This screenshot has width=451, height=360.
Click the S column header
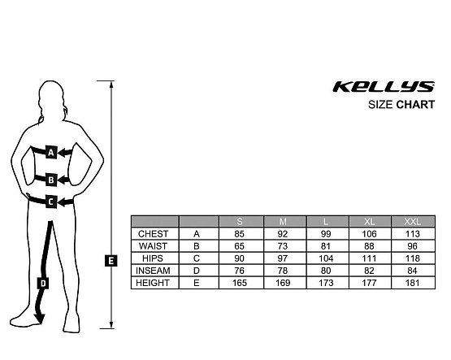[x=240, y=222]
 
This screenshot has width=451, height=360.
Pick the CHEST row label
[x=154, y=234]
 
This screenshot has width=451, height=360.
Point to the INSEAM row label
[x=154, y=271]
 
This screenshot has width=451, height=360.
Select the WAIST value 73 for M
[x=284, y=246]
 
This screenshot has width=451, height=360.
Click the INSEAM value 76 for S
[x=240, y=271]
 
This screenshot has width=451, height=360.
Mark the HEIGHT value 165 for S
[x=240, y=283]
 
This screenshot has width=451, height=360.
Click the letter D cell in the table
[x=197, y=271]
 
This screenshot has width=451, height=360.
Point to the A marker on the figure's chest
[x=51, y=152]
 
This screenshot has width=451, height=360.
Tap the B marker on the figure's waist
[x=51, y=180]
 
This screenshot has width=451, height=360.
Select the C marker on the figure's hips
[x=51, y=201]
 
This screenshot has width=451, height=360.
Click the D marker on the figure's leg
[x=43, y=284]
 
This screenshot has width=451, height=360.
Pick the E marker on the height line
[x=111, y=260]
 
